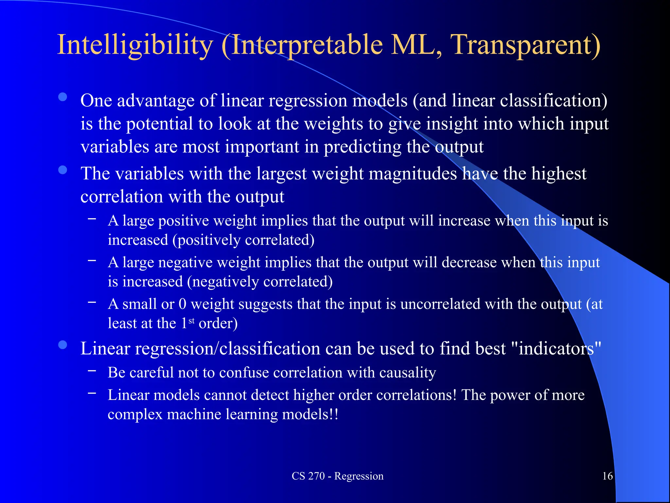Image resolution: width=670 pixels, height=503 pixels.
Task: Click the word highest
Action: [558, 174]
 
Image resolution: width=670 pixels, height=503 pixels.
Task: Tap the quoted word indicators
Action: [556, 348]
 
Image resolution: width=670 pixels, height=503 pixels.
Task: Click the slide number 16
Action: [607, 476]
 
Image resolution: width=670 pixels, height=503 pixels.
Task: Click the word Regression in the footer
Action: [359, 476]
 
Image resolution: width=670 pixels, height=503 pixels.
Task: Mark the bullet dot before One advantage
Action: [62, 97]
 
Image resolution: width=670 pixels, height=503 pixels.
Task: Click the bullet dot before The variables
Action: [62, 170]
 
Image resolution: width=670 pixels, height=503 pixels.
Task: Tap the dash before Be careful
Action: [92, 371]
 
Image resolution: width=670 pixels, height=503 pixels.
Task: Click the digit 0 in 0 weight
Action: [182, 304]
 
